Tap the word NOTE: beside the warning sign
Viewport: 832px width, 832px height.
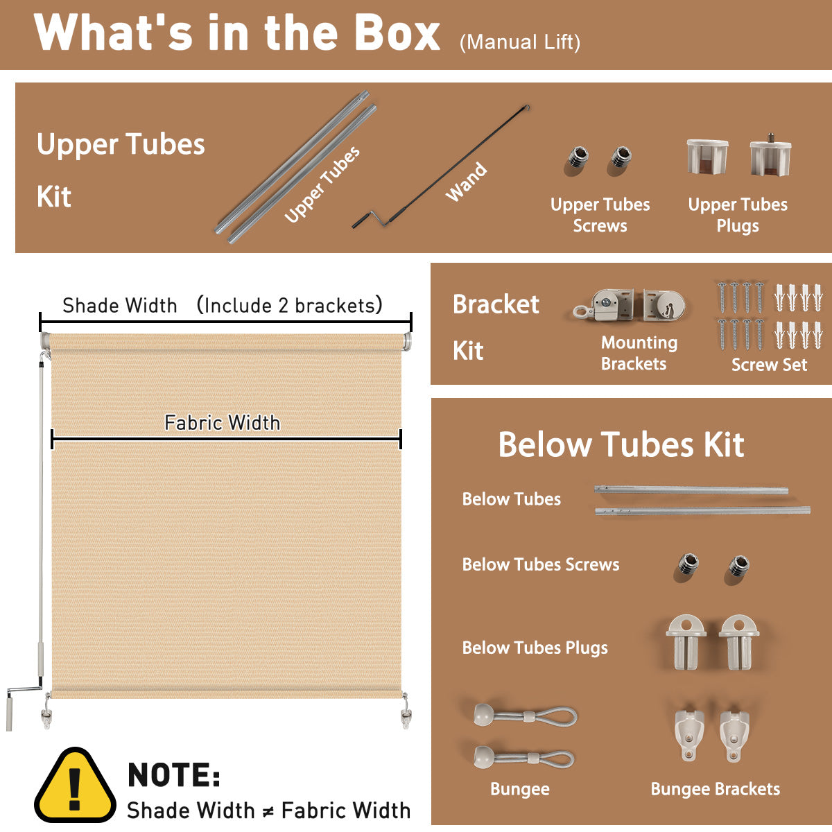pyautogui.click(x=174, y=775)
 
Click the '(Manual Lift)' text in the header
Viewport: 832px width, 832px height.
pyautogui.click(x=520, y=42)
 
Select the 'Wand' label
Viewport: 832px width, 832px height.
pyautogui.click(x=467, y=182)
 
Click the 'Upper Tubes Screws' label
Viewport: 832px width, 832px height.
pyautogui.click(x=600, y=215)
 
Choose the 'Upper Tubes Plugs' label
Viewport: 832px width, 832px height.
pyautogui.click(x=738, y=215)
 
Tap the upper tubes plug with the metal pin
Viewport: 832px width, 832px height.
pyautogui.click(x=770, y=155)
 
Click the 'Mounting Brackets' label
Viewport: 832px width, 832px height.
pyautogui.click(x=639, y=353)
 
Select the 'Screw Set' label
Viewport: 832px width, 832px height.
pyautogui.click(x=769, y=365)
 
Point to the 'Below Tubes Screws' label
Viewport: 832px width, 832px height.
pyautogui.click(x=541, y=564)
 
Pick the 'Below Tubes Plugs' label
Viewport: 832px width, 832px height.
pyautogui.click(x=535, y=648)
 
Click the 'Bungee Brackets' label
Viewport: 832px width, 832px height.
pyautogui.click(x=715, y=789)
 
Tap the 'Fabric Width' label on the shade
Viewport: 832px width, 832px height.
pyautogui.click(x=223, y=422)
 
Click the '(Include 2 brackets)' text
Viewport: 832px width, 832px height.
pyautogui.click(x=289, y=305)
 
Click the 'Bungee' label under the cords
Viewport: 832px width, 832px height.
pyautogui.click(x=520, y=789)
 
